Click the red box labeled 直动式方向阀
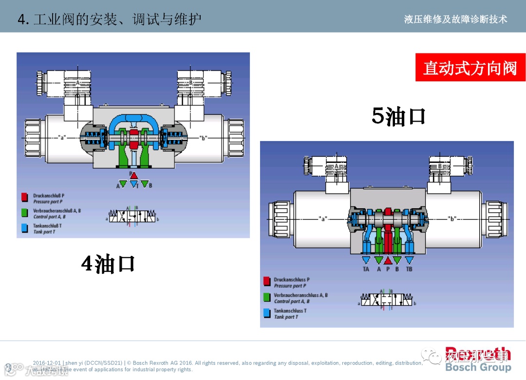470,68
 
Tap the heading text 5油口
398,116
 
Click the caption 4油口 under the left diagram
108,264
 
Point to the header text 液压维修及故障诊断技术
455,19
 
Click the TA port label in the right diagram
366,269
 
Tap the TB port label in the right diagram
409,269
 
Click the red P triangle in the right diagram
388,260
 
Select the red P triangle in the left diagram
134,175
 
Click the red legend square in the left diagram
24,198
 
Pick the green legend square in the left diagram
24,213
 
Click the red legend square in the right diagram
266,282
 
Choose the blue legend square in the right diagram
266,313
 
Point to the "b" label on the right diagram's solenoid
453,219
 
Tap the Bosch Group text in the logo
478,367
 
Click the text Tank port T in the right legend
286,317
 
